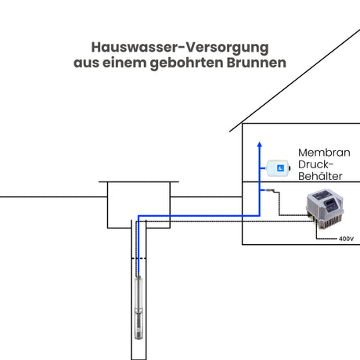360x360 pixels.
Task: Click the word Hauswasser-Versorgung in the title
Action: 180,48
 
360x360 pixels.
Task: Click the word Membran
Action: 324,153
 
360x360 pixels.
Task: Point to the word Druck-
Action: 315,164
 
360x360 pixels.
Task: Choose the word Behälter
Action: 320,176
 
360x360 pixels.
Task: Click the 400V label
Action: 346,239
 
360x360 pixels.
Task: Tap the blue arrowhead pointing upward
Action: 259,145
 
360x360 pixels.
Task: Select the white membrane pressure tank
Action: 278,168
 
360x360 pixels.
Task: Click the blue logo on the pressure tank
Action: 281,168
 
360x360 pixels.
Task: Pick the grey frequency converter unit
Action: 325,208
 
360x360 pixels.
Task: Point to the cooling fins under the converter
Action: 329,221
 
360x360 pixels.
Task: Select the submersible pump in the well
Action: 139,308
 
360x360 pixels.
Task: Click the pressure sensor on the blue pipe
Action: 270,190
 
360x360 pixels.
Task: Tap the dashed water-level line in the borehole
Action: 139,258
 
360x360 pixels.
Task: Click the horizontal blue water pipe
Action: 199,216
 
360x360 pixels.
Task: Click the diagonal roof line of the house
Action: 295,81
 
